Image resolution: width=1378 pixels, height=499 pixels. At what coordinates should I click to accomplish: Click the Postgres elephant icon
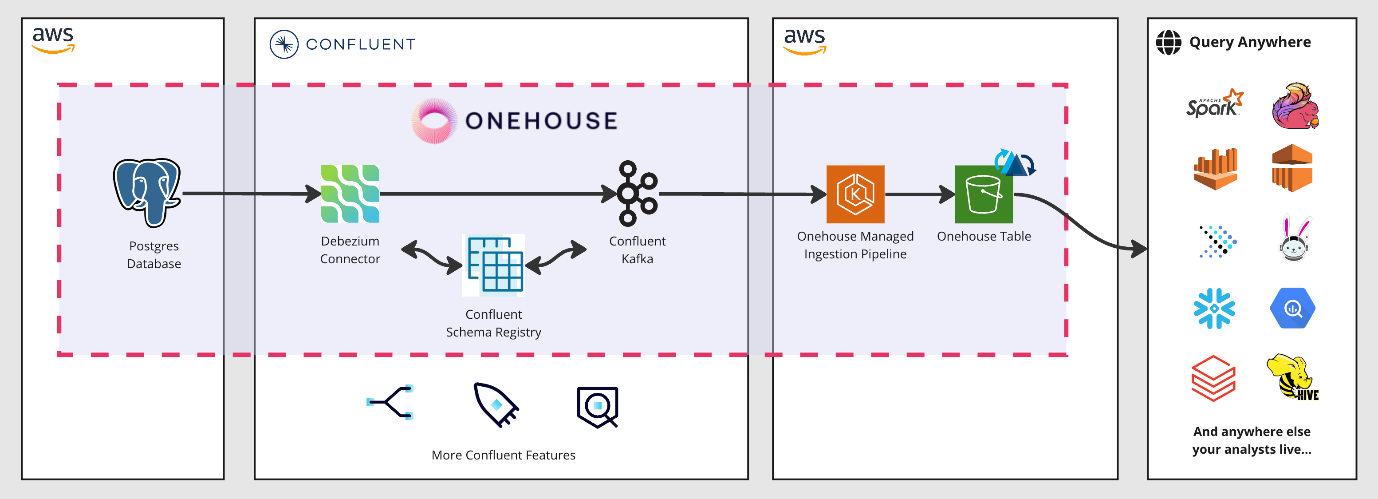pos(147,192)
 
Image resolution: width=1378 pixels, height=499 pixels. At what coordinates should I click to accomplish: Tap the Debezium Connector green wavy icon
pos(350,194)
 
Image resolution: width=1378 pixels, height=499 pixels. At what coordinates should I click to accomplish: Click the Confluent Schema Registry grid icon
pos(493,265)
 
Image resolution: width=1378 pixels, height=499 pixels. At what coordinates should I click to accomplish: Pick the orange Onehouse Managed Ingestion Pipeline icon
pos(855,194)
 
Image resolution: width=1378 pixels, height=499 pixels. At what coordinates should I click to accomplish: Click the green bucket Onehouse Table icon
pos(983,194)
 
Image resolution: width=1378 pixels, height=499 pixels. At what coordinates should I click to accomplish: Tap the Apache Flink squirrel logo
pos(1295,106)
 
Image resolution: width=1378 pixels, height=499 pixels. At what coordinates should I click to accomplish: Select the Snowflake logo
pos(1214,309)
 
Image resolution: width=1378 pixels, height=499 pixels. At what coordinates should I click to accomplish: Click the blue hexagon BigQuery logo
pos(1292,309)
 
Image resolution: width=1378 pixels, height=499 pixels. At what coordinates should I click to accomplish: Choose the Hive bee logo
pos(1291,377)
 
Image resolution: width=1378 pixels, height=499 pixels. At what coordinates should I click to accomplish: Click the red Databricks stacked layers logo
pos(1213,378)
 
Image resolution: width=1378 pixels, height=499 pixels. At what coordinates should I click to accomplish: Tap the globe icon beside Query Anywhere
pos(1168,42)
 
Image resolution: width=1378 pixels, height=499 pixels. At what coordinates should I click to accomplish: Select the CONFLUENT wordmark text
pos(361,44)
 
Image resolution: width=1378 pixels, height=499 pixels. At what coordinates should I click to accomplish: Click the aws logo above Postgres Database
pos(53,40)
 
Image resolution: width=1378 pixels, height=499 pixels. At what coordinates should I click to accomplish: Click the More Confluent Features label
pos(503,455)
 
